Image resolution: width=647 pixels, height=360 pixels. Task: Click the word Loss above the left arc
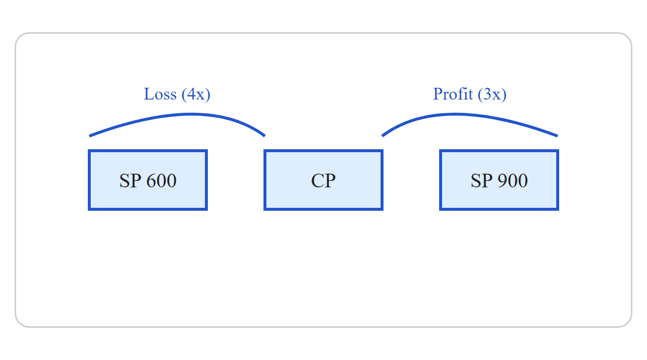tap(160, 94)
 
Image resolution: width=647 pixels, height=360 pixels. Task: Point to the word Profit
tap(453, 94)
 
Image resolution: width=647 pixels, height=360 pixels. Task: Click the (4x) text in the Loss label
tap(196, 95)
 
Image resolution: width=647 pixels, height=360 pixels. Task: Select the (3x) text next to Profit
tap(492, 95)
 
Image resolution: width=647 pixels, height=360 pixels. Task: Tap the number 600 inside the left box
tap(162, 181)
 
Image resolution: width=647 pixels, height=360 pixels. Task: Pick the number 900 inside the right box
tap(513, 181)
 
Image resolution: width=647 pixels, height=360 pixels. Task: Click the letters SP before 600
tap(130, 181)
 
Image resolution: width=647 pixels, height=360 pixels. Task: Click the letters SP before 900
tap(482, 181)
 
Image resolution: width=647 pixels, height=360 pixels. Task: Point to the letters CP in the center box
tap(323, 181)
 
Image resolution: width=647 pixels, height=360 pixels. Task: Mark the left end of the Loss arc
tap(90, 136)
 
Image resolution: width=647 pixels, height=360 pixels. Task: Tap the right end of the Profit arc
tap(557, 136)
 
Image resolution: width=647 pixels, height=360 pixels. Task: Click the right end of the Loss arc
tap(264, 136)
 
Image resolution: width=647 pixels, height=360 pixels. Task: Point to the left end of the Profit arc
tap(383, 136)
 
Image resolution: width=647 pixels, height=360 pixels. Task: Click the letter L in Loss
tap(148, 94)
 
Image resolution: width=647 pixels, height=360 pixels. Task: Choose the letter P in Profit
tap(438, 94)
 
